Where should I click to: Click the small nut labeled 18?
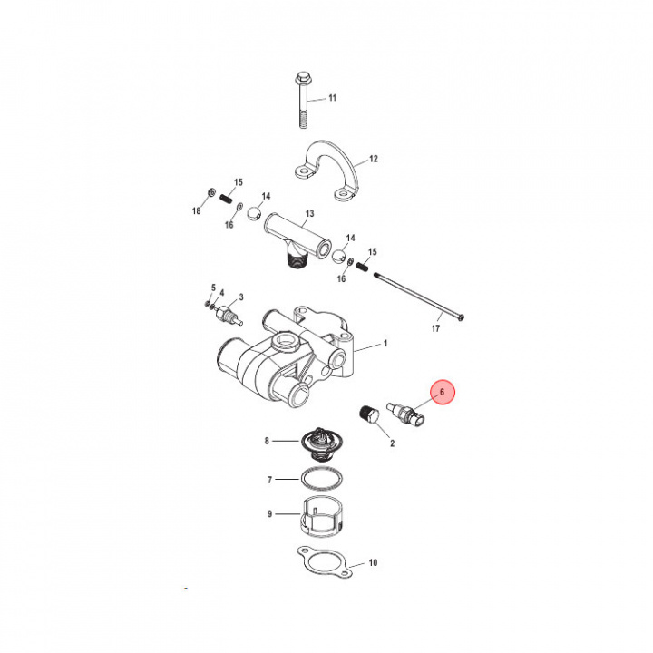(209, 194)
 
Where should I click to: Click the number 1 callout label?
(385, 345)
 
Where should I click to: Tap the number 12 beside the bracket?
(373, 159)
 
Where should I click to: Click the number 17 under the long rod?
(435, 328)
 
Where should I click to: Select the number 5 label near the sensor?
(213, 287)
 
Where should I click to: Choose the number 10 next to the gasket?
(373, 563)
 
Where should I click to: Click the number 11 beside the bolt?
(331, 97)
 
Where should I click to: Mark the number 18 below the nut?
(196, 210)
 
